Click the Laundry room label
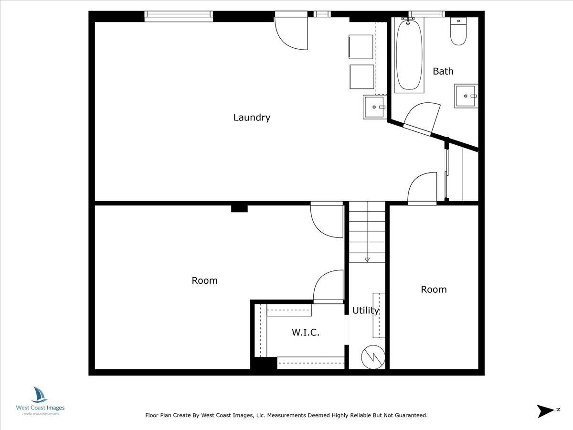click(252, 117)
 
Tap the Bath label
click(443, 71)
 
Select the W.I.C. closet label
click(306, 332)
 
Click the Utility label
click(366, 310)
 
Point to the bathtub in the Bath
click(409, 54)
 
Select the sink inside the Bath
click(466, 96)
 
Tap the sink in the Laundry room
click(374, 107)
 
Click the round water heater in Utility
click(372, 356)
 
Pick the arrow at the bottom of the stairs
click(367, 259)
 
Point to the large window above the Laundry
click(179, 17)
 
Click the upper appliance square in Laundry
click(361, 47)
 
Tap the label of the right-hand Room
click(434, 289)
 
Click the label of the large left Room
click(204, 280)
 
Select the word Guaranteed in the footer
click(410, 416)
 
